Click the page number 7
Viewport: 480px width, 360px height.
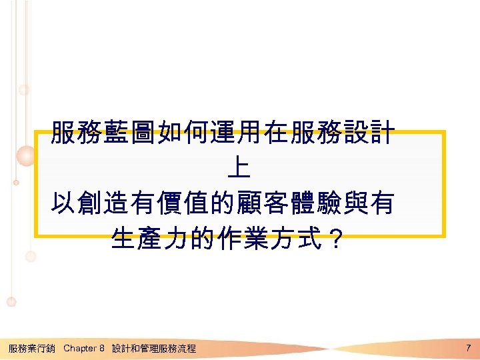pyautogui.click(x=469, y=347)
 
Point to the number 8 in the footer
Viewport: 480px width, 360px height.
pyautogui.click(x=102, y=348)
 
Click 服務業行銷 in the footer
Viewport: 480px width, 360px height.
pyautogui.click(x=31, y=348)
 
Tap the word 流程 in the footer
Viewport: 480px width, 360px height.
pyautogui.click(x=187, y=348)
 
